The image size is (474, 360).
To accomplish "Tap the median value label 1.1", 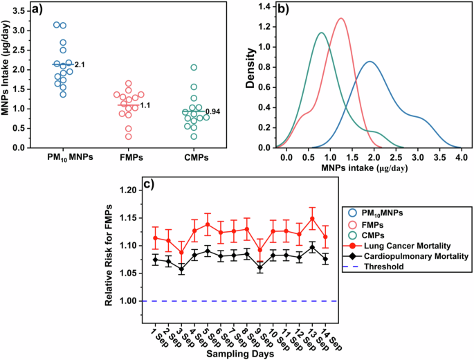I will (x=145, y=105).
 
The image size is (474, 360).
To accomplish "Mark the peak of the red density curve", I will (x=341, y=19).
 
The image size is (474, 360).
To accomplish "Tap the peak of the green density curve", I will (x=320, y=33).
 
